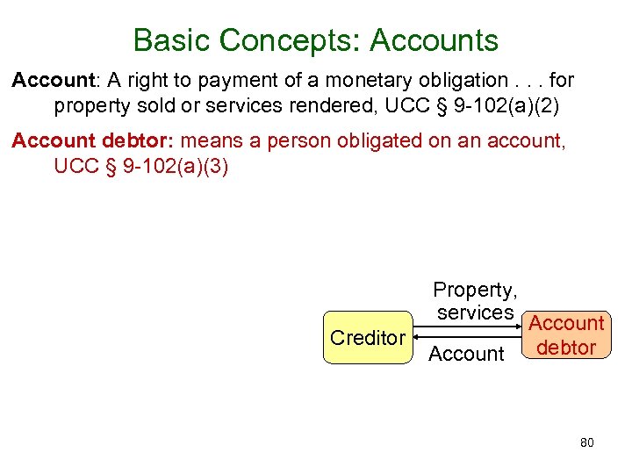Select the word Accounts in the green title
pyautogui.click(x=434, y=40)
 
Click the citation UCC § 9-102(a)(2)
pyautogui.click(x=478, y=106)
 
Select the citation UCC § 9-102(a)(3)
pyautogui.click(x=141, y=166)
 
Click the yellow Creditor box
pyautogui.click(x=368, y=338)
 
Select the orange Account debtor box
pyautogui.click(x=567, y=336)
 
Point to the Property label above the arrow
pyautogui.click(x=475, y=290)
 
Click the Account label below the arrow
pyautogui.click(x=466, y=354)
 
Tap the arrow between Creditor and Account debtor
pyautogui.click(x=470, y=333)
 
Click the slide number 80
pyautogui.click(x=587, y=442)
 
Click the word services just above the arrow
pyautogui.click(x=475, y=312)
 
